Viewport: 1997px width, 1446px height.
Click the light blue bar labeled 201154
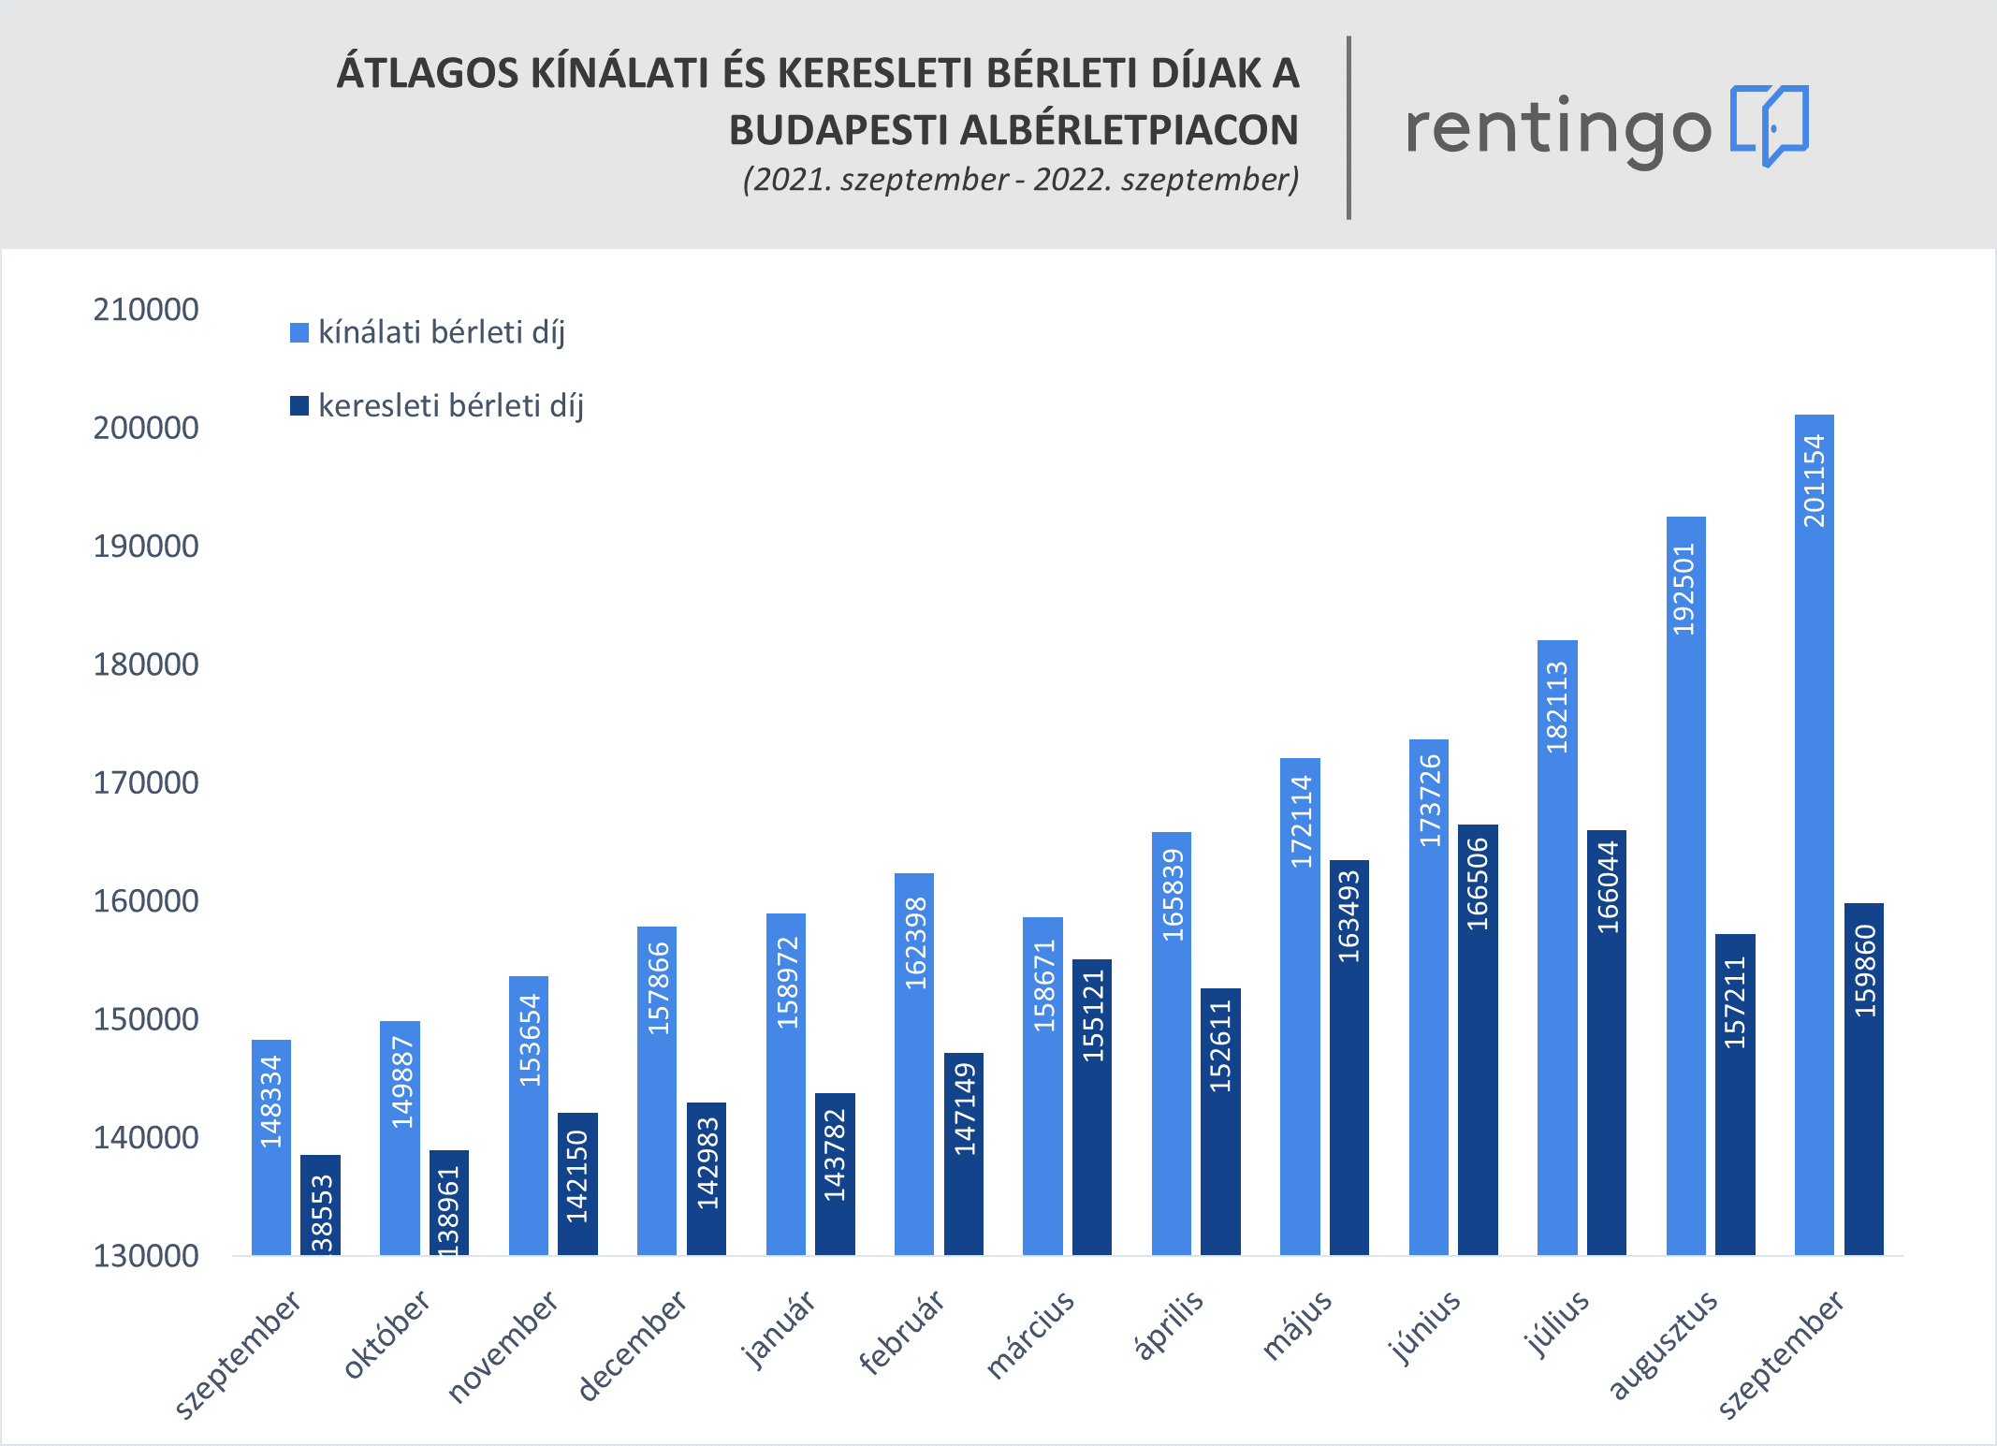pyautogui.click(x=1814, y=833)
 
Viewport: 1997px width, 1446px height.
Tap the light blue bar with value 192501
pyautogui.click(x=1685, y=884)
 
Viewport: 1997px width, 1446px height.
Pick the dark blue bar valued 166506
pyautogui.click(x=1478, y=1039)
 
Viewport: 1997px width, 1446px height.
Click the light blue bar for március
pyautogui.click(x=1042, y=1086)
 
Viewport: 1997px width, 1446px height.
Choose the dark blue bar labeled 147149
pyautogui.click(x=963, y=1153)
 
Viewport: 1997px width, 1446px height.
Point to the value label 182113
pyautogui.click(x=1557, y=708)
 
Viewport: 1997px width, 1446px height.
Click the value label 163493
pyautogui.click(x=1348, y=916)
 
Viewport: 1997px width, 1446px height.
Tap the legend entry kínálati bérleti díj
pyautogui.click(x=441, y=332)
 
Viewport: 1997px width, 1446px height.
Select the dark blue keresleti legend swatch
pyautogui.click(x=299, y=406)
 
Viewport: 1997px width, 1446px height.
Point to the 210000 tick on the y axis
pyautogui.click(x=146, y=310)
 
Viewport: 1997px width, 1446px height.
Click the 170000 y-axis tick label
pyautogui.click(x=146, y=782)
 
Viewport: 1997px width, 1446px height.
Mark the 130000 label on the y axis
pyautogui.click(x=146, y=1256)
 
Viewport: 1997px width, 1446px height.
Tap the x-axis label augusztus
pyautogui.click(x=1663, y=1345)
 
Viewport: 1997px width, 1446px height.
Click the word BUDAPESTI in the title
pyautogui.click(x=838, y=130)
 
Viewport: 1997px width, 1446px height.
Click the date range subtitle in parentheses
pyautogui.click(x=1020, y=179)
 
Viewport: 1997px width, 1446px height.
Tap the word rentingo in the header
pyautogui.click(x=1558, y=130)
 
